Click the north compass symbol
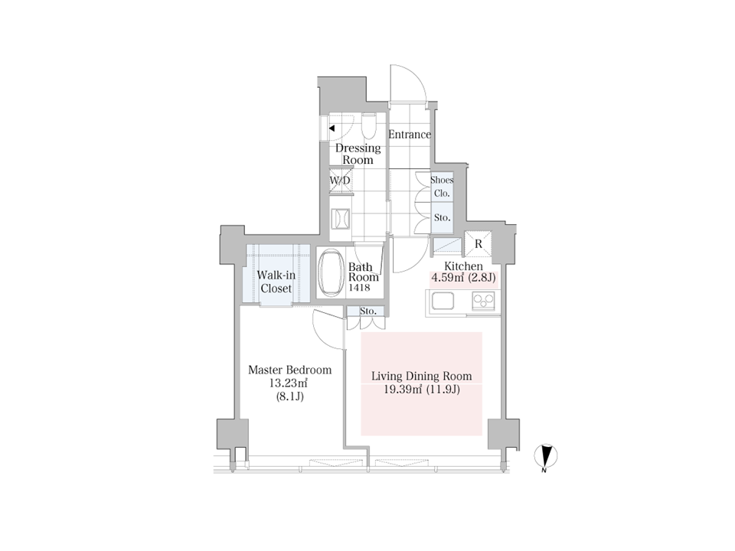(x=546, y=456)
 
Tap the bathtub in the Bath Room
(x=331, y=273)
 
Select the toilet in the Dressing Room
(x=368, y=126)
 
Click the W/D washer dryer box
(x=340, y=181)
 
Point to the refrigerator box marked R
(x=478, y=243)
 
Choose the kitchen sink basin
(x=443, y=301)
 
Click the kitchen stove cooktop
(x=483, y=301)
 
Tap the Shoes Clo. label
(x=442, y=187)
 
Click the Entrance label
(x=410, y=135)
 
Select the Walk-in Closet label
(x=276, y=282)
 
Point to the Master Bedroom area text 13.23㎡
(x=288, y=383)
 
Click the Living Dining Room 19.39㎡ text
(x=403, y=390)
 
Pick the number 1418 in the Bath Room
(x=358, y=288)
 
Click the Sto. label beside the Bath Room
(x=368, y=311)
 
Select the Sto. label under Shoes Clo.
(x=442, y=218)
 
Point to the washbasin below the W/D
(x=340, y=219)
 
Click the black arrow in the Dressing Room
(x=332, y=128)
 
